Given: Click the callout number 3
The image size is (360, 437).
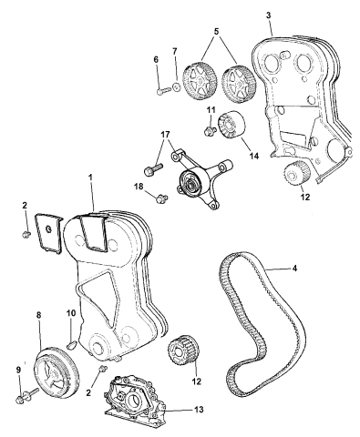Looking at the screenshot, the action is coord(268,15).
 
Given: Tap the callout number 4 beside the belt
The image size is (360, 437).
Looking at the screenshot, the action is coord(294,269).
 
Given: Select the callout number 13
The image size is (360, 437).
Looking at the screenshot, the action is coord(198,410).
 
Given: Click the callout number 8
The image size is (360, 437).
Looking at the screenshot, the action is coord(38,315).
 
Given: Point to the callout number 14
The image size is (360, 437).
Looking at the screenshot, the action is coord(254,156).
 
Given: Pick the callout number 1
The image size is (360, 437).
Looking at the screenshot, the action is coord(90,177).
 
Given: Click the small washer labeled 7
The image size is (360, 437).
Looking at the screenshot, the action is coord(177,87).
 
